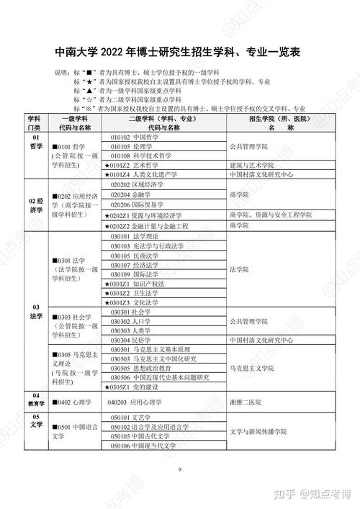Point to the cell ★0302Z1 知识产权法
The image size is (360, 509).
pyautogui.click(x=138, y=284)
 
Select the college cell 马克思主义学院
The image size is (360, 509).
pyautogui.click(x=253, y=367)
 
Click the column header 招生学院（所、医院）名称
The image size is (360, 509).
pyautogui.click(x=270, y=122)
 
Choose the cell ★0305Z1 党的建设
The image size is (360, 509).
pyautogui.click(x=137, y=387)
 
